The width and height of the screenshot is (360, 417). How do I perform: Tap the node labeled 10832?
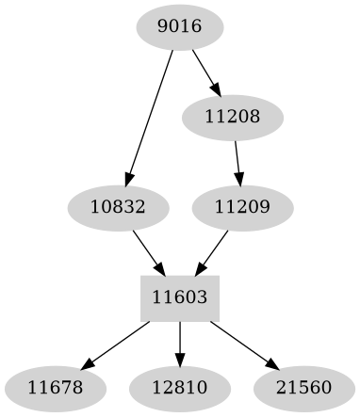point(119,206)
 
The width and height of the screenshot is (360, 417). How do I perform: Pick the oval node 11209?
point(242,206)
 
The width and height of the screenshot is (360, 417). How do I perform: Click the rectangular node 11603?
point(180,297)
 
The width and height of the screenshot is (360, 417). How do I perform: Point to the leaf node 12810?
point(180,387)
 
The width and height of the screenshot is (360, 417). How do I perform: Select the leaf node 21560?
point(304,387)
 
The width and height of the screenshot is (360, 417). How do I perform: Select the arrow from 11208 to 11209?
point(237,161)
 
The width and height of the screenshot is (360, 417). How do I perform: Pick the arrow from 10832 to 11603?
point(147,249)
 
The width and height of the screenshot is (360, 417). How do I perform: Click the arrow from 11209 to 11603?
point(214,249)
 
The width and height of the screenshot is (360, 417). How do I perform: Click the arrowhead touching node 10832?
point(128,181)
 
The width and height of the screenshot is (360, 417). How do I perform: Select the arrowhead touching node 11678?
point(86,364)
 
